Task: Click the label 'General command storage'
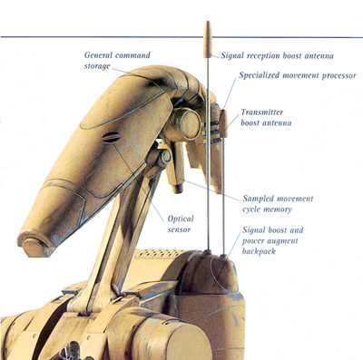[112, 60]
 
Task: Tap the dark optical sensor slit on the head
[111, 139]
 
